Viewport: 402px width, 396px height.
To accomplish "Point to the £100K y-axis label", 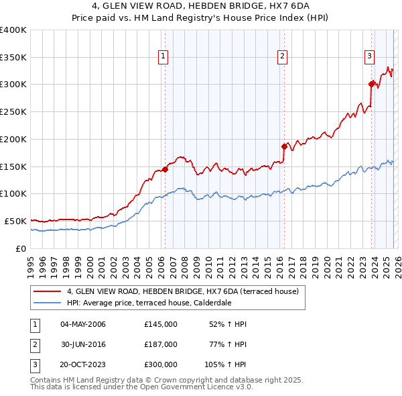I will tap(13, 193).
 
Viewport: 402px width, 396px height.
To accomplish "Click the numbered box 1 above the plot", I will tap(164, 56).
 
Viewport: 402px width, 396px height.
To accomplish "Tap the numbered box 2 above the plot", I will tap(283, 56).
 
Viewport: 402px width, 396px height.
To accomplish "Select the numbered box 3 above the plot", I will tap(369, 56).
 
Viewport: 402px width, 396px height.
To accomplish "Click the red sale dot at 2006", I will tap(165, 169).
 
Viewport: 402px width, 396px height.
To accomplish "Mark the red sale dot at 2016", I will tap(284, 146).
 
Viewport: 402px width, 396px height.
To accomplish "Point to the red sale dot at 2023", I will tap(371, 84).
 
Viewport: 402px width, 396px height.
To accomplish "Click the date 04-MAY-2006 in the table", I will tap(83, 324).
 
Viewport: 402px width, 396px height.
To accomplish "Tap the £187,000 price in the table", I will tap(161, 344).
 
